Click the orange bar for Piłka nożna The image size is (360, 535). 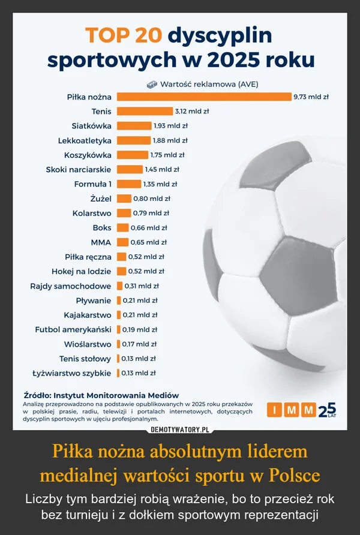(x=204, y=97)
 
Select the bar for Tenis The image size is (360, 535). (x=145, y=111)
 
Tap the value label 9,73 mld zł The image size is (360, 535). (x=312, y=97)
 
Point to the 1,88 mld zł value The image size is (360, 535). (x=171, y=140)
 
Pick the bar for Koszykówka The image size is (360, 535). (x=132, y=155)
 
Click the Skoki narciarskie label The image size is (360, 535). (x=79, y=170)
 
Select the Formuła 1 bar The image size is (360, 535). (x=129, y=184)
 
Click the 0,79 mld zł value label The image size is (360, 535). (x=151, y=213)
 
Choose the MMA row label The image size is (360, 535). (x=101, y=242)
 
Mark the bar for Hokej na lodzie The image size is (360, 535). (x=121, y=272)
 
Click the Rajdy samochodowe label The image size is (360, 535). (x=71, y=286)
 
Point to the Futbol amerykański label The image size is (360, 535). (x=73, y=330)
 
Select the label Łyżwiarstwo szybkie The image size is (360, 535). (x=71, y=374)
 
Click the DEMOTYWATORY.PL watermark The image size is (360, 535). (x=179, y=430)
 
